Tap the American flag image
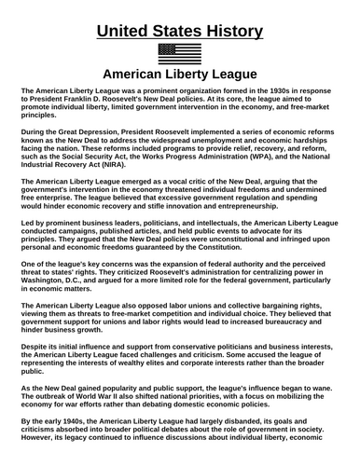click(x=180, y=52)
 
